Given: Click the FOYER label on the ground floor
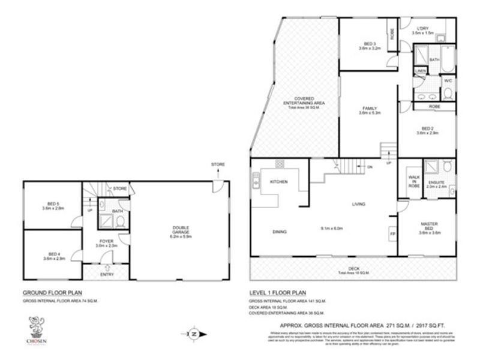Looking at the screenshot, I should click(106, 241).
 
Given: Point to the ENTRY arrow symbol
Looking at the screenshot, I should click(106, 268).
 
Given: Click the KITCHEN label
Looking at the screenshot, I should click(279, 182).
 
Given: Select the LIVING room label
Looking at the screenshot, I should click(359, 205).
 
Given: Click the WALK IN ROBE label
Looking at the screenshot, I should click(413, 181).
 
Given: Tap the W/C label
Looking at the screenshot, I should click(448, 80).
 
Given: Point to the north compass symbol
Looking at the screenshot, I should click(194, 334).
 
